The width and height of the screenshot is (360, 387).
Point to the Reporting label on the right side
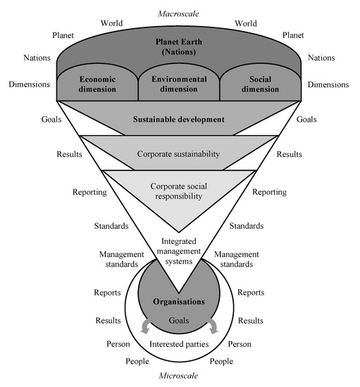point(268,192)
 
